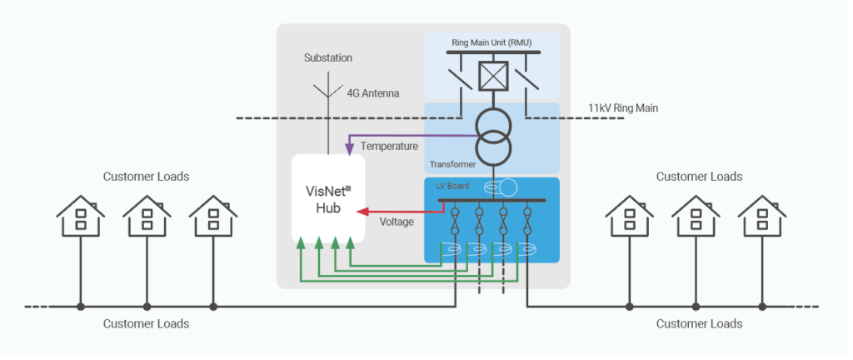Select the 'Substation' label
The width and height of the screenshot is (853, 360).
click(327, 58)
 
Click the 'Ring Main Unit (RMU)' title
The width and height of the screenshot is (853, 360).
click(491, 43)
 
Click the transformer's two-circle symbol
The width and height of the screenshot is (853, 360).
click(491, 135)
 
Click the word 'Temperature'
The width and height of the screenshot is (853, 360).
click(390, 147)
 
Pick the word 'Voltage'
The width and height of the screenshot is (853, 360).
click(397, 222)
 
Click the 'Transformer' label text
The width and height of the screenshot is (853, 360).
click(452, 164)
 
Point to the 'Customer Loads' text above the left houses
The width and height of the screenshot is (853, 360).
click(146, 177)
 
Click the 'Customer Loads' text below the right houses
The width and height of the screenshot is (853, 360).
click(699, 323)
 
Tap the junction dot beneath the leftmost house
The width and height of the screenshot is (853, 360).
click(81, 307)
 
